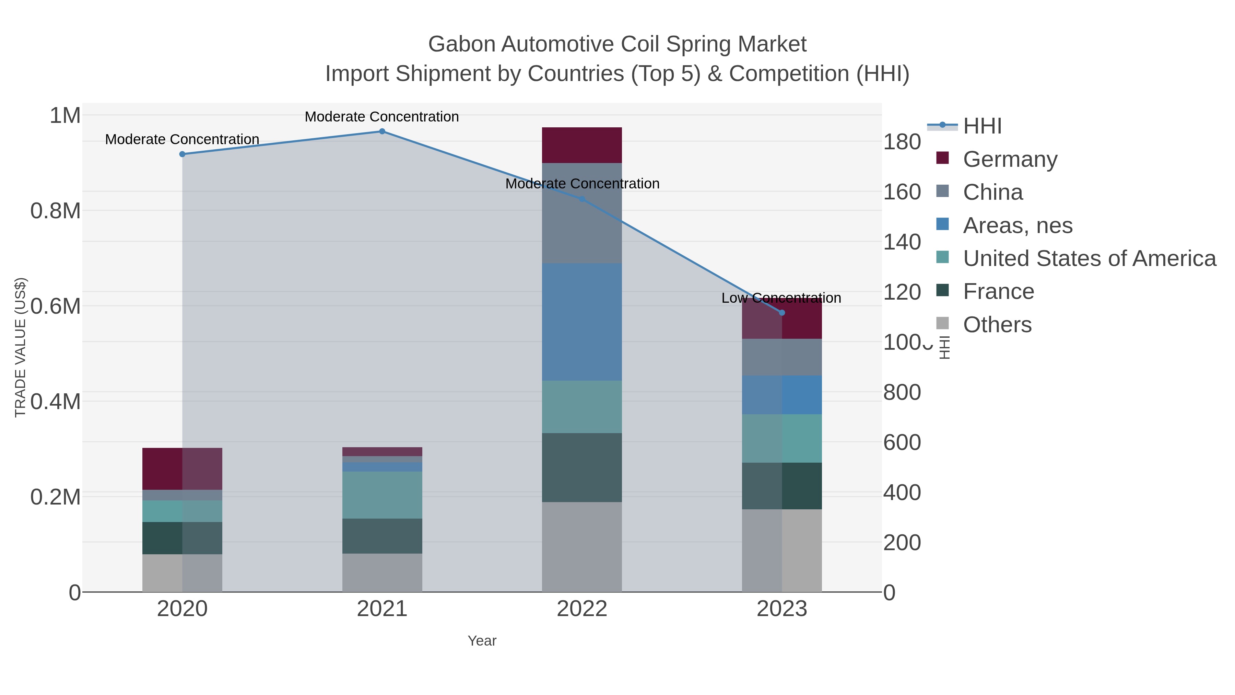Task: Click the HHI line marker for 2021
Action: [382, 131]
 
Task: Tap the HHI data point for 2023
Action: [782, 313]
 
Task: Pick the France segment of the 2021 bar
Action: [382, 536]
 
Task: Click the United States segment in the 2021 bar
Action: [382, 495]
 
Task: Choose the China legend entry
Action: [992, 192]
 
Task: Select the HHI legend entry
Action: [982, 126]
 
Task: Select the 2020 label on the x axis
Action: [182, 609]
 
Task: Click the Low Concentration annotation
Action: [781, 298]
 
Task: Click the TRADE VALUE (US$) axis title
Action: [20, 347]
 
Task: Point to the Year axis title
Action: [482, 641]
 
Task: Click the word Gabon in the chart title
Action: [461, 44]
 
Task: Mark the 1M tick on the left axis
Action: [65, 116]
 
